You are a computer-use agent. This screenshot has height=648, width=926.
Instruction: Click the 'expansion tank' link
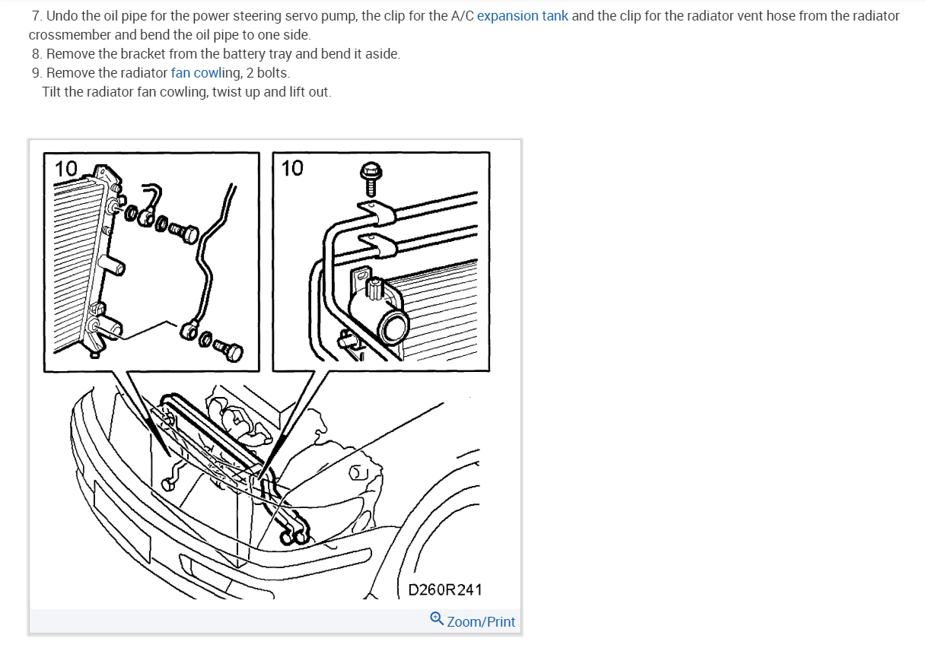pyautogui.click(x=523, y=16)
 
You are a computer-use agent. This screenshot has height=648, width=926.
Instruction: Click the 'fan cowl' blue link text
pyautogui.click(x=196, y=73)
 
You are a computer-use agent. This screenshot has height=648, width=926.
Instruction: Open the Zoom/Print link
pyautogui.click(x=481, y=621)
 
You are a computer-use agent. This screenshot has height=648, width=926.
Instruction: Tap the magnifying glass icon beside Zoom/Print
pyautogui.click(x=437, y=619)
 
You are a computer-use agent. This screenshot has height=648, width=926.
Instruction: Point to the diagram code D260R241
pyautogui.click(x=445, y=589)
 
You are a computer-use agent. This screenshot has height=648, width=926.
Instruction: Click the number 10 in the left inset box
pyautogui.click(x=65, y=169)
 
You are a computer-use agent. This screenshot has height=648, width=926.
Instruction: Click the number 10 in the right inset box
pyautogui.click(x=292, y=168)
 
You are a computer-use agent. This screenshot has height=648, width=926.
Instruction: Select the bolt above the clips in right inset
pyautogui.click(x=371, y=179)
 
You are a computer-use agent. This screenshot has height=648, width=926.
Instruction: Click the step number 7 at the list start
pyautogui.click(x=37, y=16)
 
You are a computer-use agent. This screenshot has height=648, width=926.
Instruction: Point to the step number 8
pyautogui.click(x=37, y=54)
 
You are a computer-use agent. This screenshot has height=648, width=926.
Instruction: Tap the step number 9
pyautogui.click(x=37, y=73)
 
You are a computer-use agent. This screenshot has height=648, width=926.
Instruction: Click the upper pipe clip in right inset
pyautogui.click(x=375, y=212)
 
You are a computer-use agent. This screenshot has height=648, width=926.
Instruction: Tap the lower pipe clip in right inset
pyautogui.click(x=377, y=245)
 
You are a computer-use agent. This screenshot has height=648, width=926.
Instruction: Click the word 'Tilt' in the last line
pyautogui.click(x=51, y=92)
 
